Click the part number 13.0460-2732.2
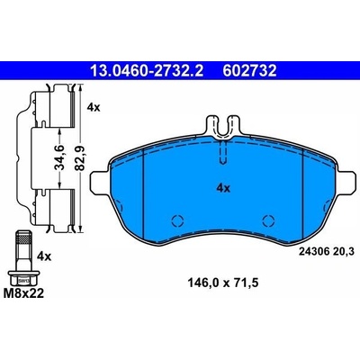[147, 71]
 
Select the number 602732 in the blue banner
[249, 71]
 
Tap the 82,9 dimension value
[80, 158]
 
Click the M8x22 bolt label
[23, 293]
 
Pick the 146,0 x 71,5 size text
[223, 283]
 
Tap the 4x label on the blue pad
[223, 188]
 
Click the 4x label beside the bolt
[44, 256]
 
